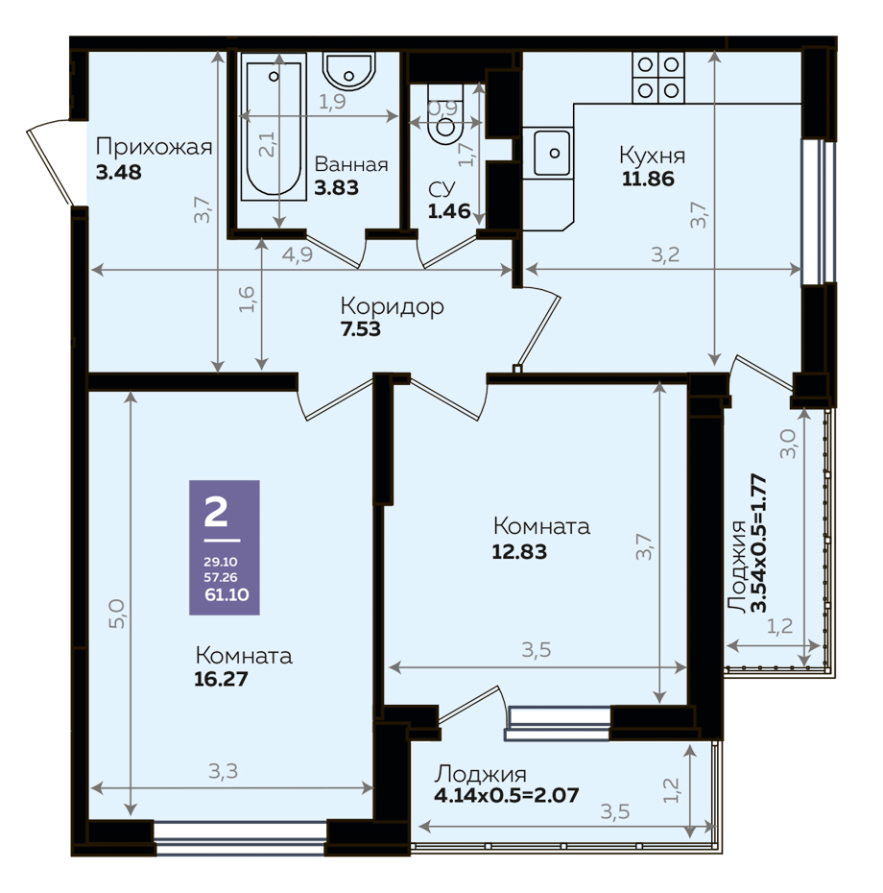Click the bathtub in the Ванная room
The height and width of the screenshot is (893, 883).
[x=273, y=127]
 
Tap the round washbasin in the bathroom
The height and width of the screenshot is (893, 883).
[x=349, y=71]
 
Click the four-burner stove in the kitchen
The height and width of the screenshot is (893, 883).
[x=658, y=78]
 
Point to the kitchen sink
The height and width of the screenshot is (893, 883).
[x=552, y=153]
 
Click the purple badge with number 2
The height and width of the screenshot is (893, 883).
[x=225, y=547]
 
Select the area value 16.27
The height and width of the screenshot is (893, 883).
[x=221, y=679]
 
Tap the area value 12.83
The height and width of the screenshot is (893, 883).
[x=519, y=551]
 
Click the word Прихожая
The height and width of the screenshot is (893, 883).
[x=154, y=147]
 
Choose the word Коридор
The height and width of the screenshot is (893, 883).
[x=392, y=306]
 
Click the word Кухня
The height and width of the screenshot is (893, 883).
[x=652, y=155]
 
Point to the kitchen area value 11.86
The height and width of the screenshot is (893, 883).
[x=648, y=179]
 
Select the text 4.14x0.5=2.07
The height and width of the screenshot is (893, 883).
[x=506, y=794]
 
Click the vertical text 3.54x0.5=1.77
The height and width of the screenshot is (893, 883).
[x=759, y=543]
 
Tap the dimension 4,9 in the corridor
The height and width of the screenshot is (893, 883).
[x=298, y=254]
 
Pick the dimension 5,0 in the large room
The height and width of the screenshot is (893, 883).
[x=116, y=613]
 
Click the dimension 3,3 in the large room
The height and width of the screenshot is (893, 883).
[x=223, y=771]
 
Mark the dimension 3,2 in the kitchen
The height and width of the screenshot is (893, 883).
[x=665, y=254]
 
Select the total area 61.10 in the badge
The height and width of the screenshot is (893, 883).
[x=227, y=594]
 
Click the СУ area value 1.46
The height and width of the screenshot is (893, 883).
[x=449, y=211]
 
